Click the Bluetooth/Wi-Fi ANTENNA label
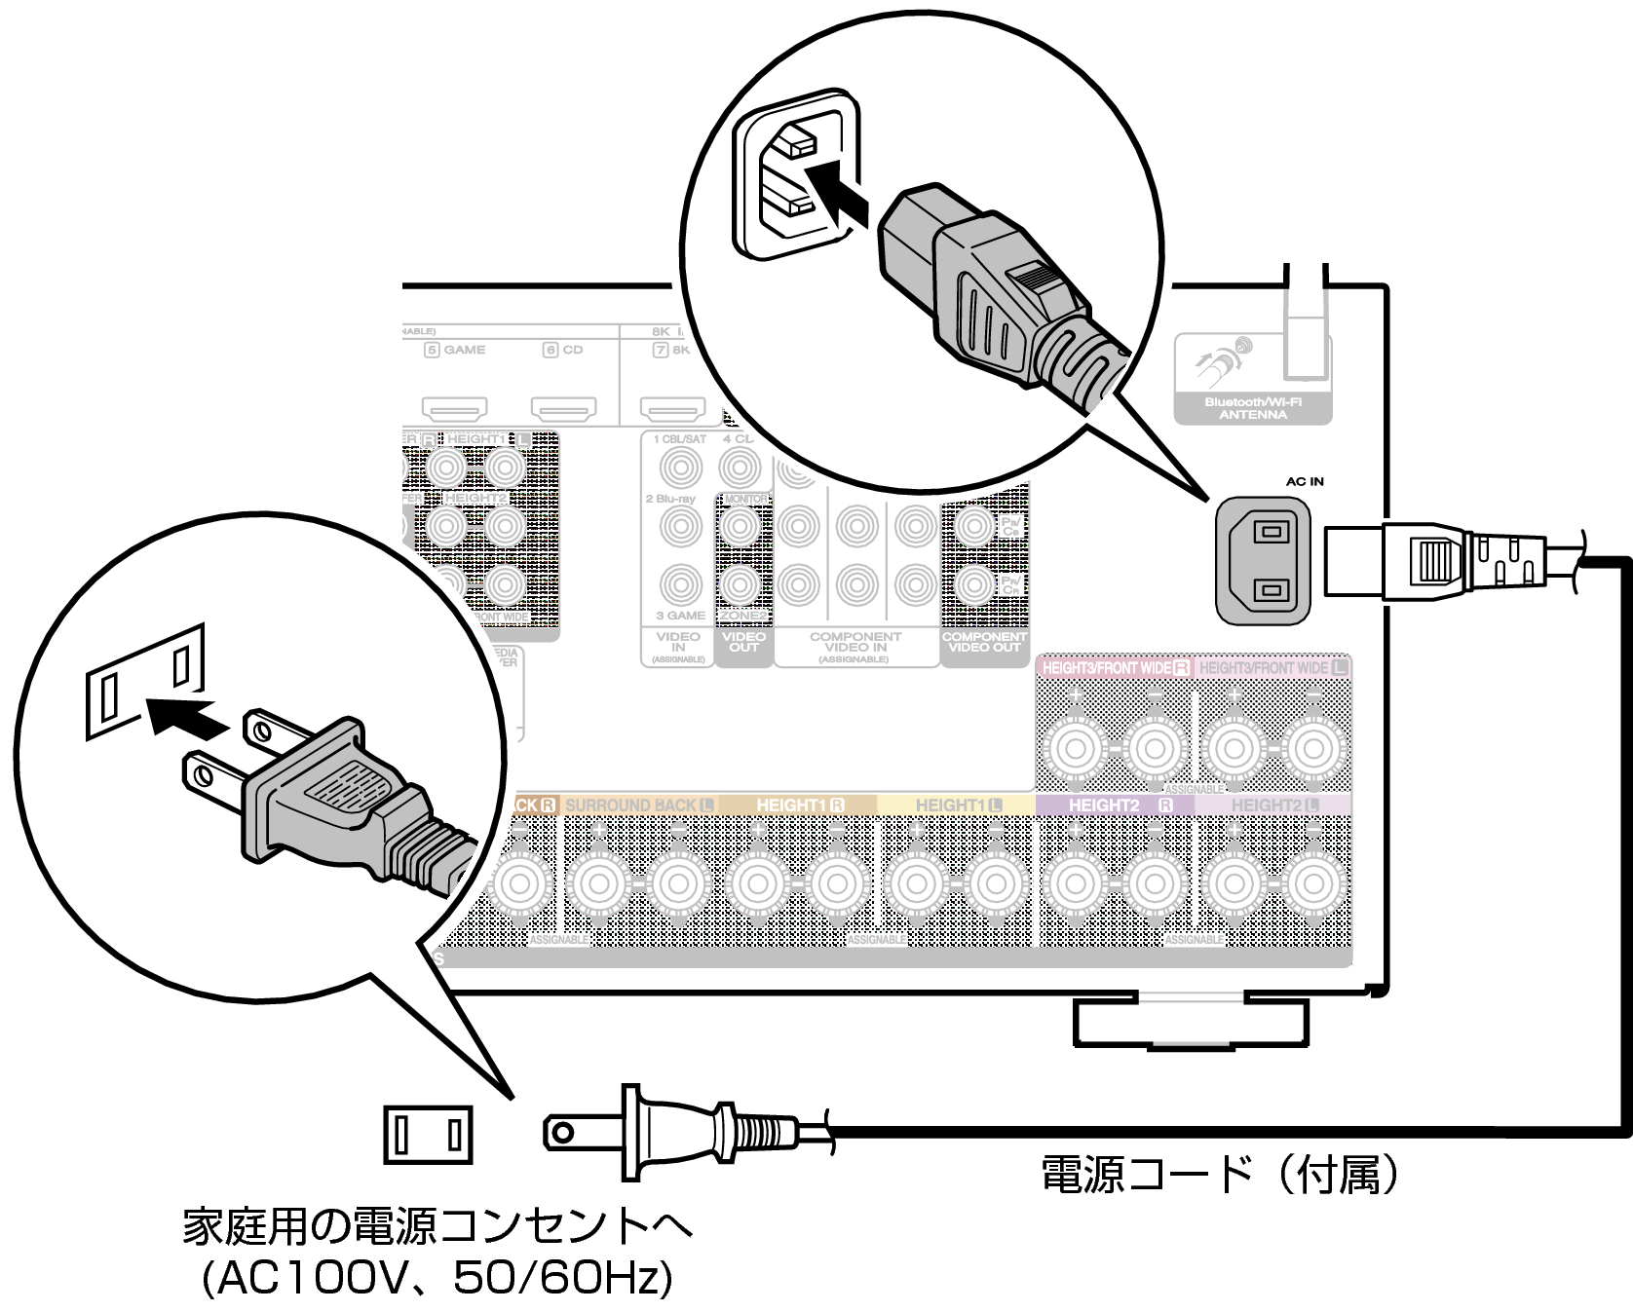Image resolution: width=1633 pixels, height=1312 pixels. [1252, 408]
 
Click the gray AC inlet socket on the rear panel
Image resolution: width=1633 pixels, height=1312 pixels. [1263, 560]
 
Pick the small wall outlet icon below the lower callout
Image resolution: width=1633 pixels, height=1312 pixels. [428, 1135]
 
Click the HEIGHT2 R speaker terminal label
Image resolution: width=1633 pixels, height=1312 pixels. [1117, 806]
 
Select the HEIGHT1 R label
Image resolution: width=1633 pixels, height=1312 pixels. [800, 806]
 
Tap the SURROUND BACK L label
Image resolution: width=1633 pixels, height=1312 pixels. [638, 806]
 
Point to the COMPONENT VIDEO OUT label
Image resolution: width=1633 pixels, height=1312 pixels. [984, 642]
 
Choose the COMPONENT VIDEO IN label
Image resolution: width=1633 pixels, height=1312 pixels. [854, 643]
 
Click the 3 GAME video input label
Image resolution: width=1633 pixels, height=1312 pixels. [680, 616]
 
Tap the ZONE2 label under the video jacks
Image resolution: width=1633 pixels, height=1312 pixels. [742, 616]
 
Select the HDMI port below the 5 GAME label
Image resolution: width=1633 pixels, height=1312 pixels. [454, 407]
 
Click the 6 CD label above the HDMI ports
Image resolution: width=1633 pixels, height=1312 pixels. [563, 350]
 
